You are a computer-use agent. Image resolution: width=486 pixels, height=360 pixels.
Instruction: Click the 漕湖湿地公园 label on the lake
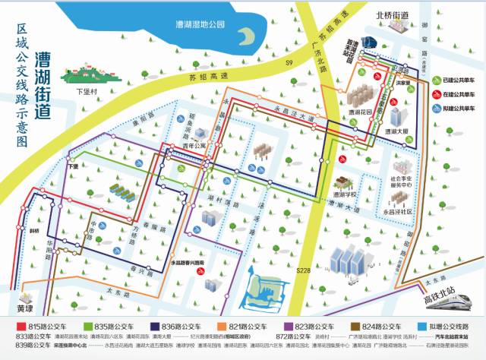(200, 24)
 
